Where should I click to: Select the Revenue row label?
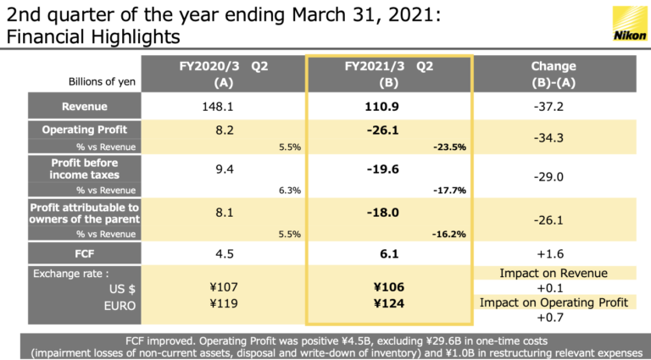pyautogui.click(x=84, y=107)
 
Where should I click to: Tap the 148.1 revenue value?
pyautogui.click(x=218, y=107)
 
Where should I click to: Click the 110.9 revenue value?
pyautogui.click(x=389, y=107)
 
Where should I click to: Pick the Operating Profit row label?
pyautogui.click(x=84, y=130)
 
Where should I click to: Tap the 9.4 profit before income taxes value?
pyautogui.click(x=218, y=169)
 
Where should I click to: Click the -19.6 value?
pyautogui.click(x=389, y=169)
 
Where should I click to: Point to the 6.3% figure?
pyautogui.click(x=290, y=190)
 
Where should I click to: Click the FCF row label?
pyautogui.click(x=84, y=252)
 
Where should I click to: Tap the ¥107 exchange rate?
pyautogui.click(x=218, y=288)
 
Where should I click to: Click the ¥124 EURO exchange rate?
pyautogui.click(x=389, y=302)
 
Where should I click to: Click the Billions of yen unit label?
pyautogui.click(x=103, y=81)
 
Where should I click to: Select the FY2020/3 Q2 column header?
pyautogui.click(x=218, y=74)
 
